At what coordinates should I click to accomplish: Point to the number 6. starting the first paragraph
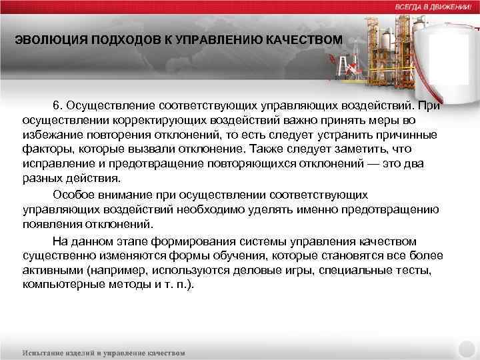tap(59, 106)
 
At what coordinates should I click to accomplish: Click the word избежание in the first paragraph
tap(49, 135)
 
